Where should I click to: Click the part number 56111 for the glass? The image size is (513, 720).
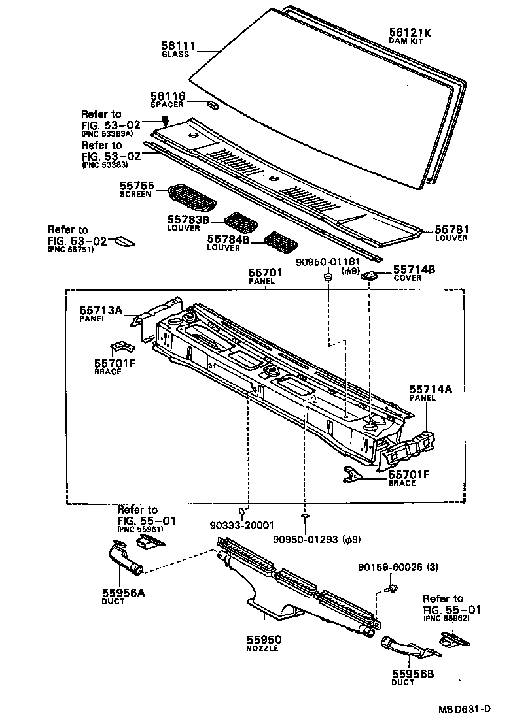(178, 45)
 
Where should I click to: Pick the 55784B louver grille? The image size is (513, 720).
(280, 241)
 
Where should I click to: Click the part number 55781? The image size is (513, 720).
(451, 230)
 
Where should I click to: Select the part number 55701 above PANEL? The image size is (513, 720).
(264, 272)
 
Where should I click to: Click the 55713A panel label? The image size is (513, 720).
(101, 310)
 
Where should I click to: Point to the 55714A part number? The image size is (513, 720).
(431, 388)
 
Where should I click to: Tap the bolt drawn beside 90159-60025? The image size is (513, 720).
(391, 590)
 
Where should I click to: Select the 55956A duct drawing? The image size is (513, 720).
(124, 561)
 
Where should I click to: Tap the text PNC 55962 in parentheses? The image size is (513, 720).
(443, 617)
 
